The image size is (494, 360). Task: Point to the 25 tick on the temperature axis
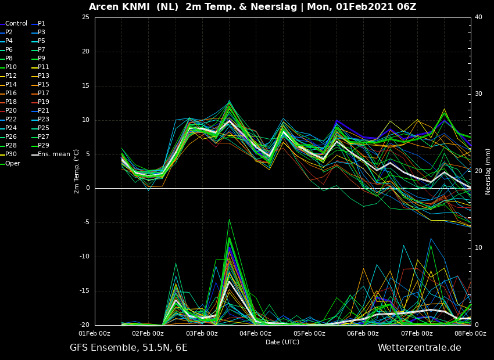pos(85,17)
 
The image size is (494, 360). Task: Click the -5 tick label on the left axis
pos(85,222)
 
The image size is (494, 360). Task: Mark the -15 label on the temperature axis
pos(84,291)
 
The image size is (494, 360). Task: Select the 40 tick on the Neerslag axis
pos(478,17)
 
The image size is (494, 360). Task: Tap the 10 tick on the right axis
pos(478,248)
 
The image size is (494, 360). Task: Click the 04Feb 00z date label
pos(256,333)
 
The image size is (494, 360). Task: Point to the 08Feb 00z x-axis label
pos(471,333)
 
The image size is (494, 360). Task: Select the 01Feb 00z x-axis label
pos(95,333)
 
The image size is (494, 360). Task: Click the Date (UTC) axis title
pos(282,342)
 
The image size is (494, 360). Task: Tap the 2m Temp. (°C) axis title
pos(77,171)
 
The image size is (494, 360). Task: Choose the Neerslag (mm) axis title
pos(488,171)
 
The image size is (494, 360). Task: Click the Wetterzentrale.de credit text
pos(420,348)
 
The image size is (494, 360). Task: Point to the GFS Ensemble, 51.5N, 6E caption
pos(128,348)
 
